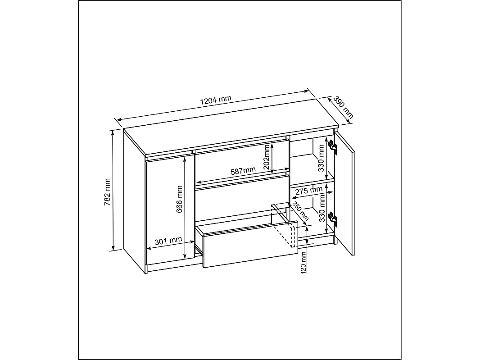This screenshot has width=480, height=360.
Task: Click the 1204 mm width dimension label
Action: (216, 100)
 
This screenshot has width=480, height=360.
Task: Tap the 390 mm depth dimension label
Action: (343, 107)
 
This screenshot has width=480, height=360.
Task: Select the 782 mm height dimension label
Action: (108, 192)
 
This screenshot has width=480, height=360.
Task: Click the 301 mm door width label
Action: (168, 241)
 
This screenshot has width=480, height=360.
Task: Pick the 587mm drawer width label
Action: (243, 171)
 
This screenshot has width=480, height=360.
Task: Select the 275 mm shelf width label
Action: (309, 191)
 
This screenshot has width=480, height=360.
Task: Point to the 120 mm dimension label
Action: (303, 263)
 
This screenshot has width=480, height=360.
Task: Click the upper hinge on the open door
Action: (333, 147)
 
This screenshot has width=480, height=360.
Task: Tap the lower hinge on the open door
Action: (333, 219)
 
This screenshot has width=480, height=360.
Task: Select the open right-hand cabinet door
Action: (345, 193)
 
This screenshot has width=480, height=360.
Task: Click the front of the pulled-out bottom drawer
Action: (250, 245)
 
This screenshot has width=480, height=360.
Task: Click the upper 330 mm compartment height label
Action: (321, 158)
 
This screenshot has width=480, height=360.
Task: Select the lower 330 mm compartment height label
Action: (322, 209)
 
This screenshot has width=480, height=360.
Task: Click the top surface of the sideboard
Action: (231, 127)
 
